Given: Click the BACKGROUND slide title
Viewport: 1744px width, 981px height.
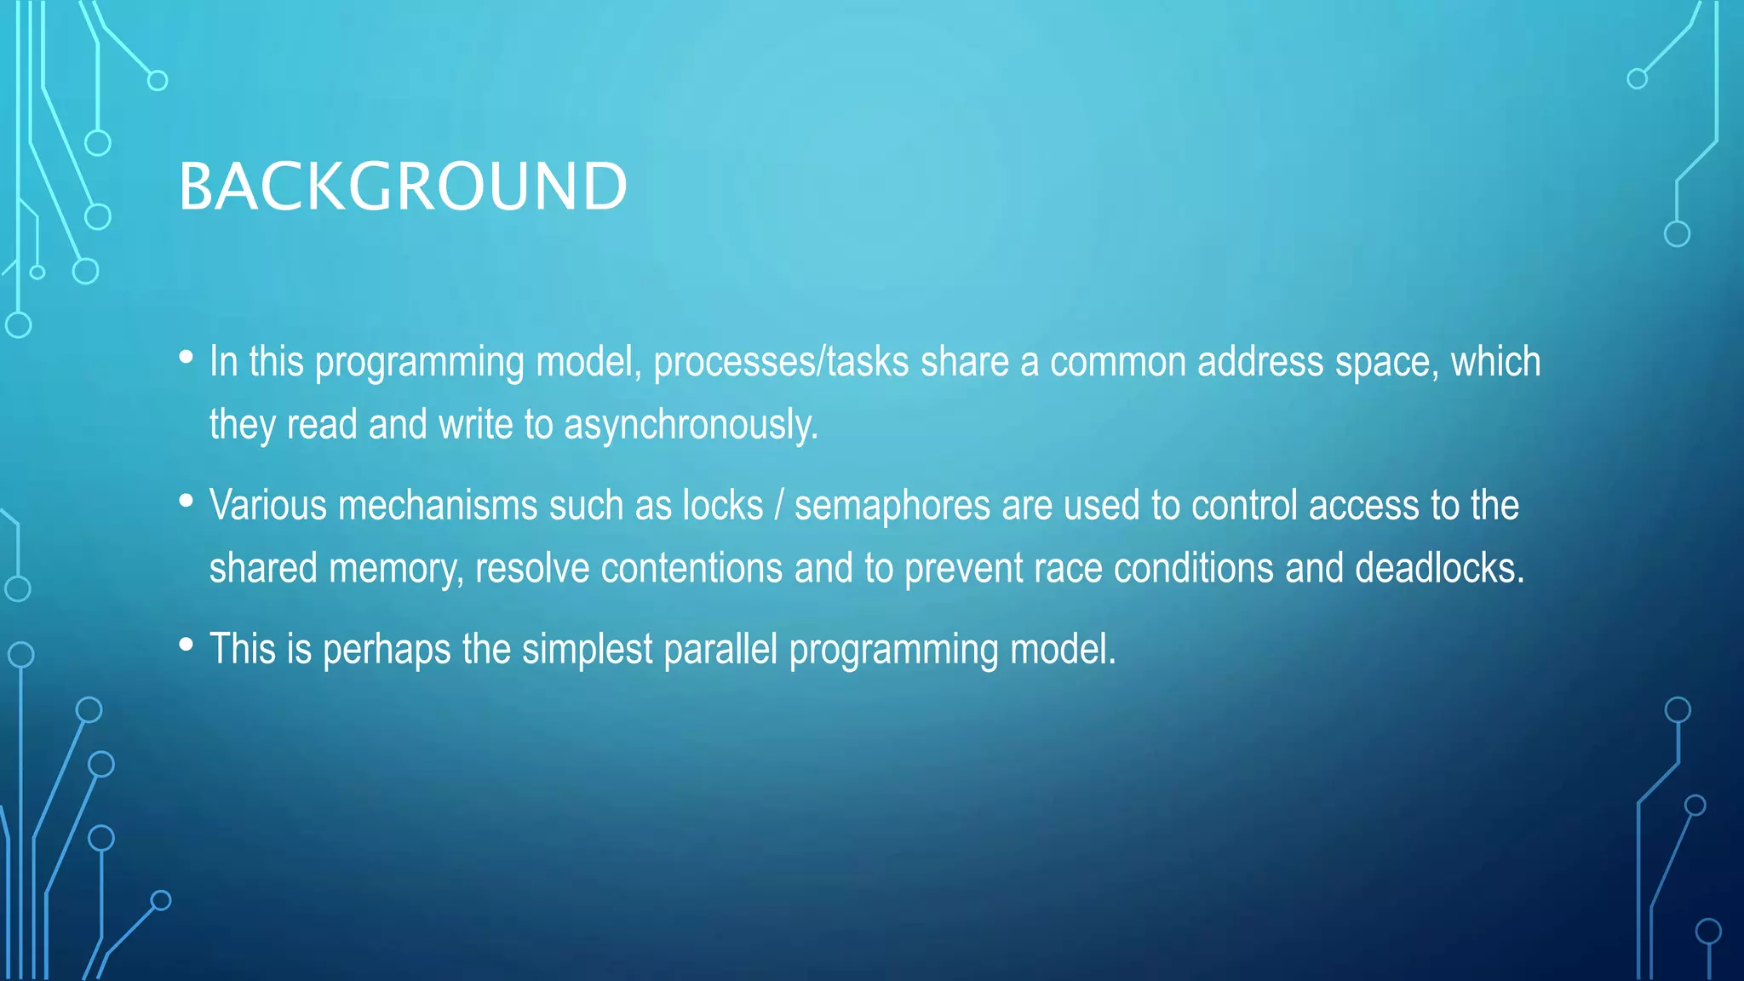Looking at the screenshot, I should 403,186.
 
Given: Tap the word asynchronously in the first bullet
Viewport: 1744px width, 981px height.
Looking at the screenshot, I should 690,425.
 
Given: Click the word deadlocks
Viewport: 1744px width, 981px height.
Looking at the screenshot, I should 1438,568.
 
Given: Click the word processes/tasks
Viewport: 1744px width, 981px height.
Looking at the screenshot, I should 781,362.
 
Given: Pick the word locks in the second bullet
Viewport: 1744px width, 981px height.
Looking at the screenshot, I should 722,506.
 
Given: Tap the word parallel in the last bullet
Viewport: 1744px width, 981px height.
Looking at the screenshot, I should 720,650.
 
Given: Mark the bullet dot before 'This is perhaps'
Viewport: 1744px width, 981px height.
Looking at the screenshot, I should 186,645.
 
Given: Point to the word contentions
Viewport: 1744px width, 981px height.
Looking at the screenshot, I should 691,568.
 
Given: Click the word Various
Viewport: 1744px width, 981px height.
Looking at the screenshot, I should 268,506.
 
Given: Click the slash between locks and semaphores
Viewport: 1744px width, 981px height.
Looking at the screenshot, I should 778,506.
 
